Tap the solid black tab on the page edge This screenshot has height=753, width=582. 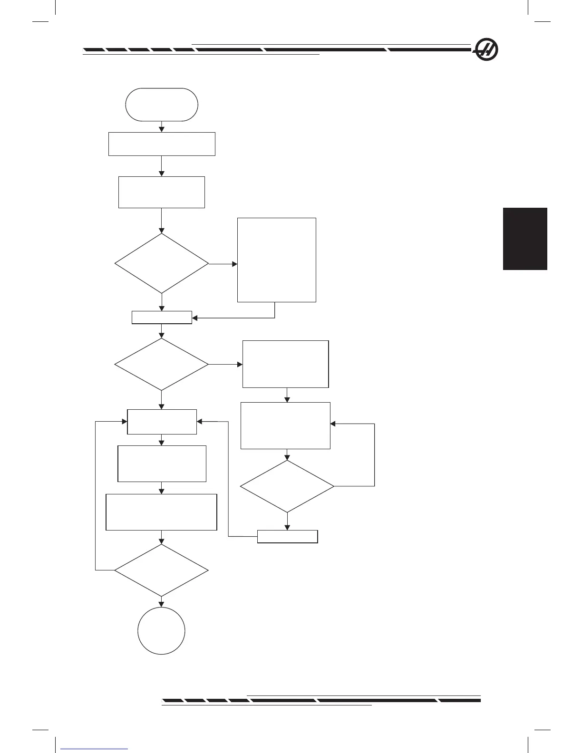coord(525,239)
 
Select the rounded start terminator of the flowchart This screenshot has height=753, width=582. coord(162,105)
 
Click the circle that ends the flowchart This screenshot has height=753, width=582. coord(161,631)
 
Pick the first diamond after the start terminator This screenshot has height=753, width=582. coord(162,263)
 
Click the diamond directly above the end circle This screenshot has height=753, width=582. coord(162,570)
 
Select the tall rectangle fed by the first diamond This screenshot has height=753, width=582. coord(276,260)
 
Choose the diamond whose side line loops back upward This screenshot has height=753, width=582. coord(287,486)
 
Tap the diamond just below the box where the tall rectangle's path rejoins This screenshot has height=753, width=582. coord(162,365)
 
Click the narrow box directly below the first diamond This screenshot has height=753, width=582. coord(162,318)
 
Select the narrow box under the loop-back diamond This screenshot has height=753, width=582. coord(287,536)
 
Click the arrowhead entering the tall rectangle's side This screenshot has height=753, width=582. coord(234,264)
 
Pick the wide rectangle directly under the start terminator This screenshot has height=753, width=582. coord(162,144)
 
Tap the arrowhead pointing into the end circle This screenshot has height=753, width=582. coord(162,604)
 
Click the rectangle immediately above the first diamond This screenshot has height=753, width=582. coord(162,192)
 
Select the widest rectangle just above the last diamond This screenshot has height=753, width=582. coord(161,512)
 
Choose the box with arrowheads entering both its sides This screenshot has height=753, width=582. coord(162,422)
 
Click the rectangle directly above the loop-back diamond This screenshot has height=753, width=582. coord(285,425)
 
